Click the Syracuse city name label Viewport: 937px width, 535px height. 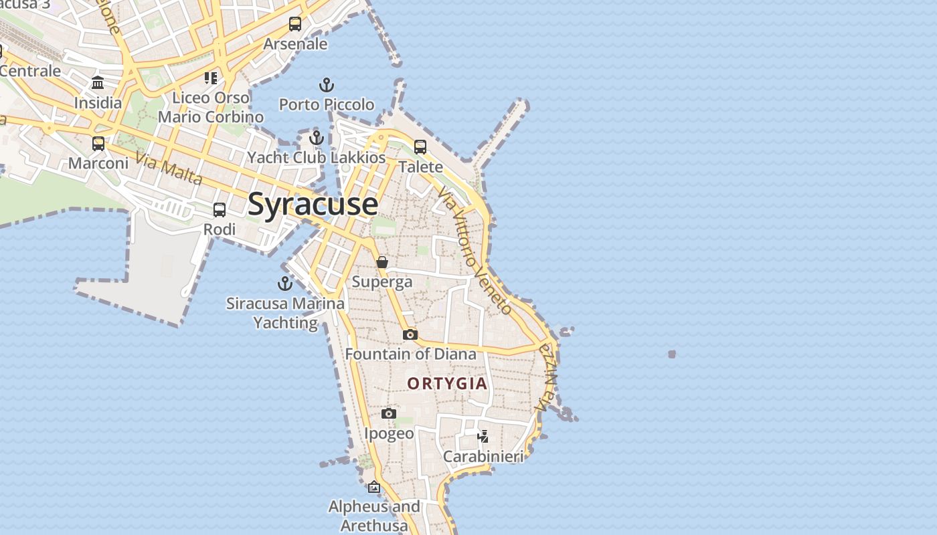pos(313,204)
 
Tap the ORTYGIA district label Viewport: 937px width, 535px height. pos(448,384)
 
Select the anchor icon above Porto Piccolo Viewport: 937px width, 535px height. pos(327,85)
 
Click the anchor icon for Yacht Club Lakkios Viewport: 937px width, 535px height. pos(317,138)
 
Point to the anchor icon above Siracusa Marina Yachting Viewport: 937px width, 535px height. pos(285,284)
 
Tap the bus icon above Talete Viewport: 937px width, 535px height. pos(420,147)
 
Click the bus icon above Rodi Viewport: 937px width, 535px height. pos(220,210)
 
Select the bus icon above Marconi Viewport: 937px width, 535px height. pos(98,144)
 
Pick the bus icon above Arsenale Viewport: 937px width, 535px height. pos(295,24)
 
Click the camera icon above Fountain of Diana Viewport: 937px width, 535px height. pos(410,334)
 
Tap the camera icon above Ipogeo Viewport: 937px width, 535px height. pos(389,414)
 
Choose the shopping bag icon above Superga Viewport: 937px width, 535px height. pos(382,262)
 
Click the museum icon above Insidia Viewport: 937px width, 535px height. pos(98,83)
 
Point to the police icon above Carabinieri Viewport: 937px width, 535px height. pos(483,437)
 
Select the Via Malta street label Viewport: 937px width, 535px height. pos(169,169)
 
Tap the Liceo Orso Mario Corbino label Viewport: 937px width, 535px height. pos(211,107)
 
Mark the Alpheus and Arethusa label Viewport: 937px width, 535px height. pos(374,516)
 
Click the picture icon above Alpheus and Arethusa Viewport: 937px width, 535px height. pos(374,488)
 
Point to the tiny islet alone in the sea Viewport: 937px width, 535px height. pos(672,354)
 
